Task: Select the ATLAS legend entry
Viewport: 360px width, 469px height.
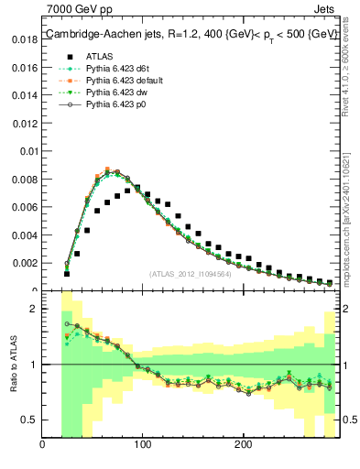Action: (100, 57)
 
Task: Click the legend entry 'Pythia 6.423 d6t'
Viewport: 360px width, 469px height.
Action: (121, 69)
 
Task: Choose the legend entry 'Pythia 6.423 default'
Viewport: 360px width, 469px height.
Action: (127, 81)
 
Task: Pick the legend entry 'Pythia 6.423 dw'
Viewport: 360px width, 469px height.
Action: (120, 93)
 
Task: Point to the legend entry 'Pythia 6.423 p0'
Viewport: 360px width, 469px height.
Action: (120, 104)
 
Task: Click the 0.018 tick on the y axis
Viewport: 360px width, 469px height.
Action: (25, 40)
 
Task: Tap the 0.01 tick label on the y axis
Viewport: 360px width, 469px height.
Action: (28, 151)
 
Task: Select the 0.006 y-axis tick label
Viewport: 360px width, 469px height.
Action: (25, 207)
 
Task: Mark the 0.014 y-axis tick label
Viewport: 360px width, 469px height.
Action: (25, 95)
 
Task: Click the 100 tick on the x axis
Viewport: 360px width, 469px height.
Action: (143, 445)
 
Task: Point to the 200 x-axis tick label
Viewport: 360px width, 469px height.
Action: (243, 445)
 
